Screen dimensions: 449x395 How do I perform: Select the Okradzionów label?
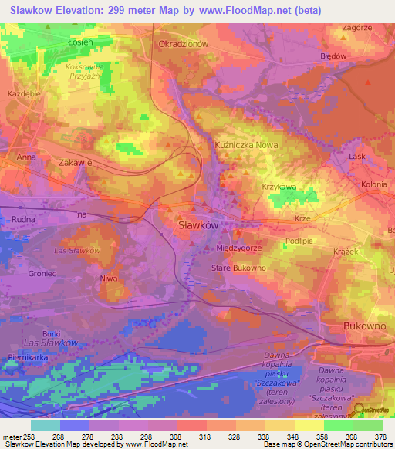pos(184,44)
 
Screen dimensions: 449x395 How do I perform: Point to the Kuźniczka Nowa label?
pos(245,144)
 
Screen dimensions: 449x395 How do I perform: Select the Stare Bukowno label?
pos(238,268)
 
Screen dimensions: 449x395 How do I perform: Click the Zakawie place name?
pos(76,163)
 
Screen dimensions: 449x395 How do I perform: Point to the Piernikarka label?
pos(27,357)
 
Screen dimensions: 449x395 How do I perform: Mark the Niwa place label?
pos(108,278)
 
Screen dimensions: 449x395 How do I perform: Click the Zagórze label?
pos(356,27)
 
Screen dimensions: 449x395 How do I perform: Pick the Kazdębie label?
pos(23,93)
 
